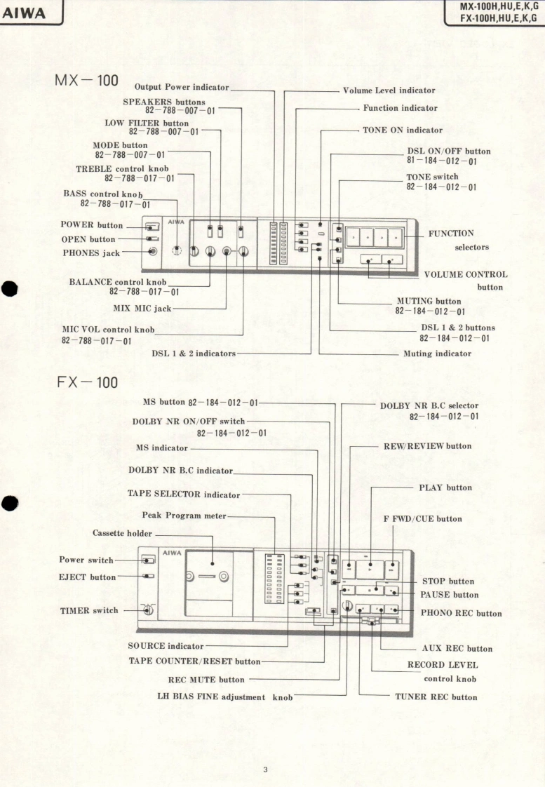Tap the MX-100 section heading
[86, 80]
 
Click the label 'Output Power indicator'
[182, 87]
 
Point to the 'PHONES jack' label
[91, 253]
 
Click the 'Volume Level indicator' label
[389, 90]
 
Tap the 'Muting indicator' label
[437, 354]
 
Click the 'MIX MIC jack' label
[142, 308]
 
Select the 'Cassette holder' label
[122, 533]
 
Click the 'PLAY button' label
[445, 487]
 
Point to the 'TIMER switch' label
[89, 610]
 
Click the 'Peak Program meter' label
[184, 516]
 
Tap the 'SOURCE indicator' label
[166, 645]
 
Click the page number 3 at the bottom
[265, 770]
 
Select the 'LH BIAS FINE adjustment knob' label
[224, 697]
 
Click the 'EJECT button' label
[87, 577]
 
